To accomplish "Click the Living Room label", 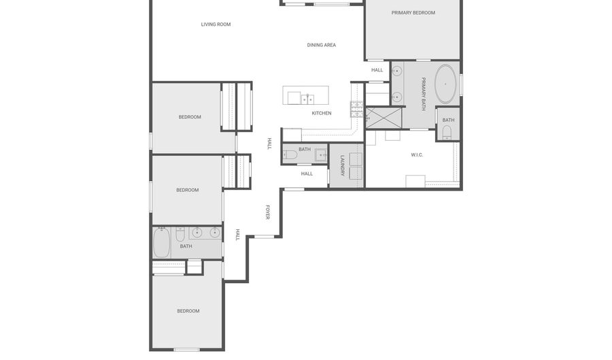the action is (x=216, y=24).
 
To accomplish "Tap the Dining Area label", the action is (x=321, y=45).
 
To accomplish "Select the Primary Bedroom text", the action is (x=413, y=12).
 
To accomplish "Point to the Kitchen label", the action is (x=322, y=113).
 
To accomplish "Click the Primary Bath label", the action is (x=423, y=94).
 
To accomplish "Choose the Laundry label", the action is (x=342, y=165).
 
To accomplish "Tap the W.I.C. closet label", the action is (x=417, y=155).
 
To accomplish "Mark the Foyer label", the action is (x=268, y=212).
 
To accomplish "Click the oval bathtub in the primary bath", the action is (x=445, y=84).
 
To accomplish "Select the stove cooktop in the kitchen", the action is (x=357, y=110).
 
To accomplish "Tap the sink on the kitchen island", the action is (x=307, y=99).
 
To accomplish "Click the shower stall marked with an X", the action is (x=384, y=118).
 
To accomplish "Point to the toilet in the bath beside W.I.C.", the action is (x=447, y=133).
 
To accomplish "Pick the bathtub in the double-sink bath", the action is (x=161, y=243).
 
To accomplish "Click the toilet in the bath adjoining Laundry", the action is (x=290, y=155).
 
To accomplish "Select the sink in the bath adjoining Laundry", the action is (x=321, y=155).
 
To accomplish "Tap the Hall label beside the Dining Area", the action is (x=377, y=70).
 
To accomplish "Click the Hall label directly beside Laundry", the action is (x=307, y=174).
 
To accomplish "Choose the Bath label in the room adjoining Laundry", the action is (x=305, y=149).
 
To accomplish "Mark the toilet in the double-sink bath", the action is (x=180, y=235).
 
